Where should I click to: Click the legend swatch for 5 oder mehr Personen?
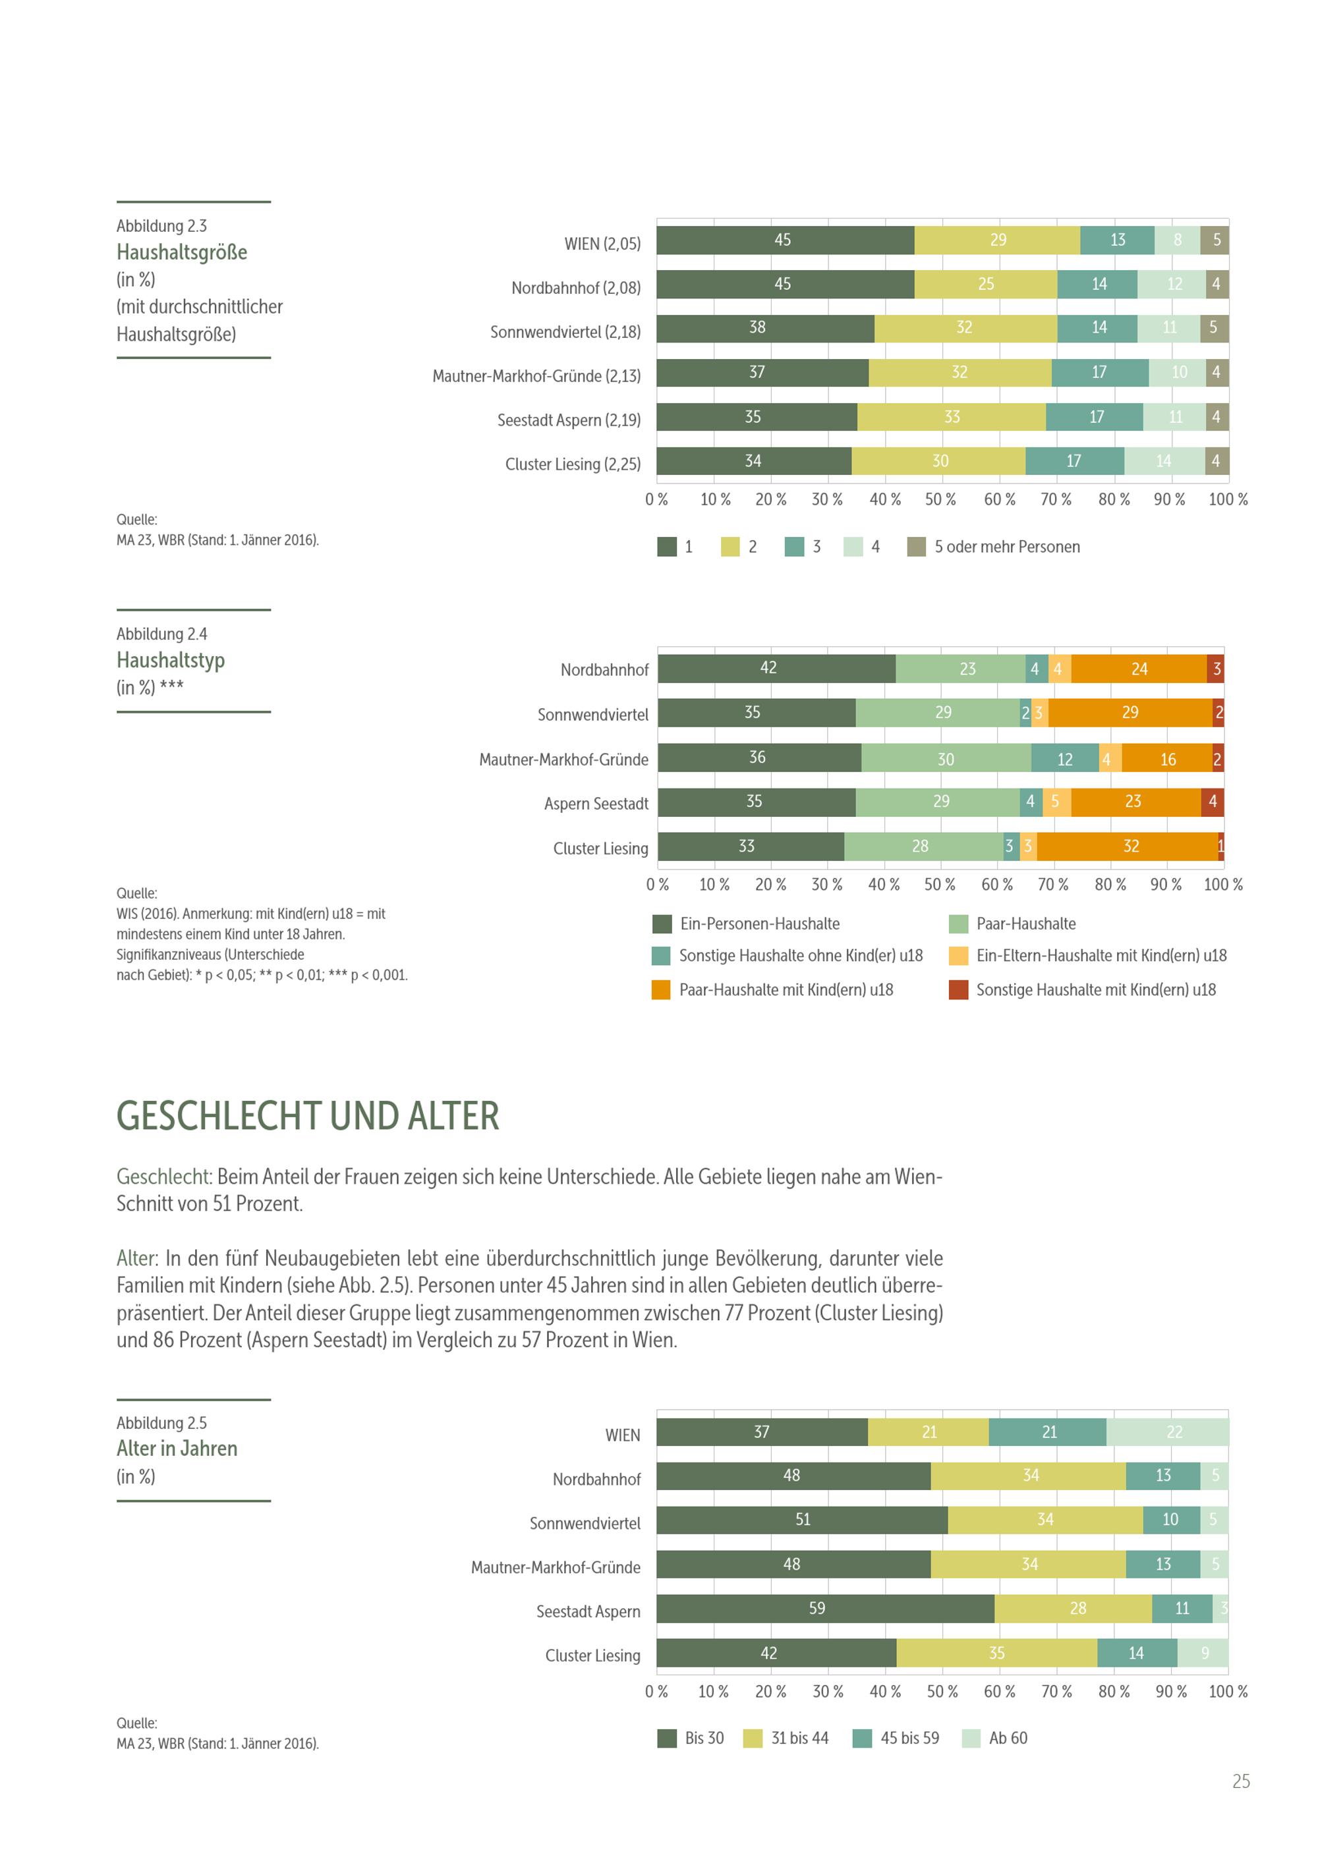click(916, 547)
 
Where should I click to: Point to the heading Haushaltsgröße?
click(182, 252)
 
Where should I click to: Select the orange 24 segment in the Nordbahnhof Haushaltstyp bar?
click(1139, 669)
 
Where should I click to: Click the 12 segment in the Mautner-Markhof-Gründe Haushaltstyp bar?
click(1065, 759)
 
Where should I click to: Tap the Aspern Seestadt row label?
click(596, 803)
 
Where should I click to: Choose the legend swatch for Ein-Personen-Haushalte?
click(662, 924)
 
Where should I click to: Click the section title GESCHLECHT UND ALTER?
click(308, 1117)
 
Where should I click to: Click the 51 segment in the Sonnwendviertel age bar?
click(802, 1520)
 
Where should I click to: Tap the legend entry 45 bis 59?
click(909, 1738)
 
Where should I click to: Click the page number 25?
click(1241, 1782)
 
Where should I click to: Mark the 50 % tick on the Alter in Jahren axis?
click(942, 1692)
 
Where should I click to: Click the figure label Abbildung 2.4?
click(161, 634)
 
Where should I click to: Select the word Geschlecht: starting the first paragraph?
click(164, 1177)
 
